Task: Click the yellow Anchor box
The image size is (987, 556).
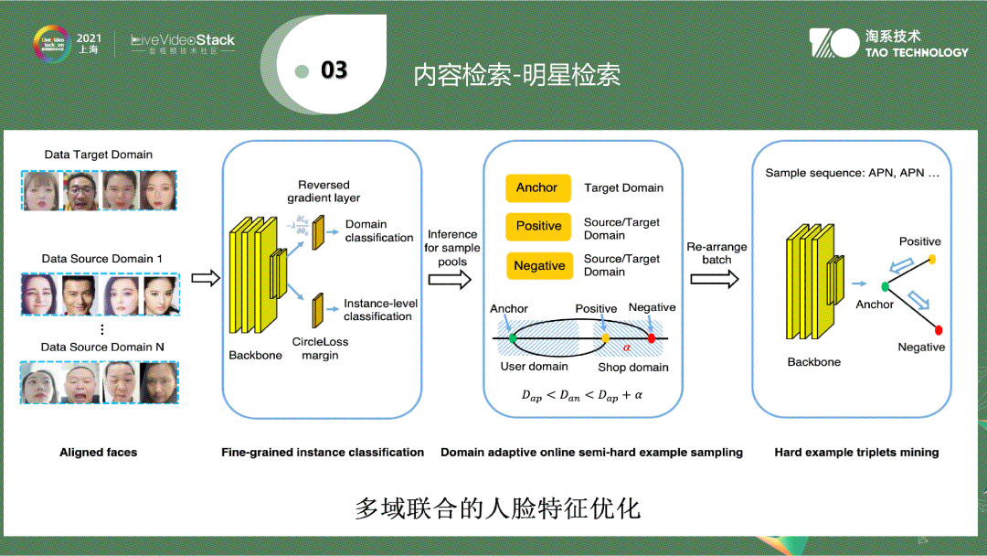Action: tap(537, 188)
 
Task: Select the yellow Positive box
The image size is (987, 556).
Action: tap(538, 227)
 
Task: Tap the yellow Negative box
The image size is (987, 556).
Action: tap(538, 266)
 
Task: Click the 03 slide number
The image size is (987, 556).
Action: tap(334, 70)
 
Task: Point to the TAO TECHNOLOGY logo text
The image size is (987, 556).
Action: tap(916, 52)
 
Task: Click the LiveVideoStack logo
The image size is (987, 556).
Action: tap(183, 41)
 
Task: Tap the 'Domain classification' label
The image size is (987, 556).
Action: tap(379, 231)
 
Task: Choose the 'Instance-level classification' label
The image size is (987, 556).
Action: tap(377, 310)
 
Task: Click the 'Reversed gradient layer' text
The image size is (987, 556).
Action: tap(324, 191)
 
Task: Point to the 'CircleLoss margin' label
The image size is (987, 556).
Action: tap(320, 348)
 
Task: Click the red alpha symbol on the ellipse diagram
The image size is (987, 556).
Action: tap(627, 347)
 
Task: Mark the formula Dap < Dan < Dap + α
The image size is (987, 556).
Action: tap(582, 396)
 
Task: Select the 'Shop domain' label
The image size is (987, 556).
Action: tap(633, 368)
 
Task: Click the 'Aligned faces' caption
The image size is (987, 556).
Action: tap(99, 452)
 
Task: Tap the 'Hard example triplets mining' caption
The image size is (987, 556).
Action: tap(856, 452)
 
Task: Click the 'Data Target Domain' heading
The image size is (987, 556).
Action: tap(99, 155)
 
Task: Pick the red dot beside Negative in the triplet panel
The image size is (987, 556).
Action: tap(939, 329)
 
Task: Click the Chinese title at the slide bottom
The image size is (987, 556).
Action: tap(497, 508)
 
